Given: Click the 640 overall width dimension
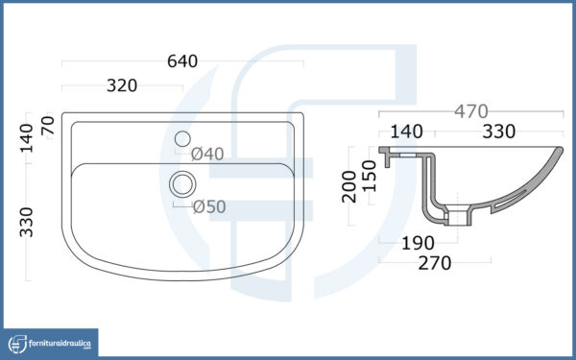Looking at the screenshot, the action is tap(182, 61).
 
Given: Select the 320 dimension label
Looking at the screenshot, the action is tap(122, 86).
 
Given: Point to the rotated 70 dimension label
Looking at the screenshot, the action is tap(48, 125).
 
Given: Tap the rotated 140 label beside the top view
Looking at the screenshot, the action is tap(27, 138).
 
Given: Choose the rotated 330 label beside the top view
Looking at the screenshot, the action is tap(27, 223).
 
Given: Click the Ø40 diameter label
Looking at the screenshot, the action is tap(207, 154).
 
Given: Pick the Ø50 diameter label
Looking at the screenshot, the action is tap(209, 207).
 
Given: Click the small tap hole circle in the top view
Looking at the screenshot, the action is tap(182, 139).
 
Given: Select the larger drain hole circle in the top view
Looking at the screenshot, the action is tap(182, 184).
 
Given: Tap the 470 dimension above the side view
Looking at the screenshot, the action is tap(471, 111).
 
